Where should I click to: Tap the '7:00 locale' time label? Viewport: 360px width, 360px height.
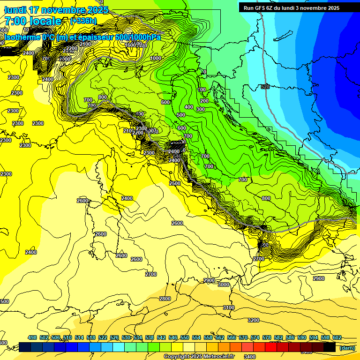33,21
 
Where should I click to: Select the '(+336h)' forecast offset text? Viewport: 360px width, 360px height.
83,21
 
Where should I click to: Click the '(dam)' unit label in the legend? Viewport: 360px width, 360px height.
347,347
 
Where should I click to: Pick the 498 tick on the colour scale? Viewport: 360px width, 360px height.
32,337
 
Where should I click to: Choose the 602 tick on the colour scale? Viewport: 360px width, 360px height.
337,337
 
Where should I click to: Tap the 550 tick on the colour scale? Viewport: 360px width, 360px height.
184,337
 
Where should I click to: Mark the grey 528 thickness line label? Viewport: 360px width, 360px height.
265,87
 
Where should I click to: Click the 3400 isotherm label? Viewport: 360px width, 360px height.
250,356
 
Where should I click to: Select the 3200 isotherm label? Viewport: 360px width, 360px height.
253,320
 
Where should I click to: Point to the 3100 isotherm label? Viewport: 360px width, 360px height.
228,307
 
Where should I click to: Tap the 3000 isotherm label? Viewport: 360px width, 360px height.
224,285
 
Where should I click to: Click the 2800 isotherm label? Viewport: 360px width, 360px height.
165,299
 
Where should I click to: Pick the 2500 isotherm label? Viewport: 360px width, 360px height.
175,183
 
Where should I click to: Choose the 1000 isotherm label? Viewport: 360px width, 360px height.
156,58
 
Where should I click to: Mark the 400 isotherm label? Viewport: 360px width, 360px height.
188,107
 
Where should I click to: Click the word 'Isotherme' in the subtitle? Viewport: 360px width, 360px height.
22,37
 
